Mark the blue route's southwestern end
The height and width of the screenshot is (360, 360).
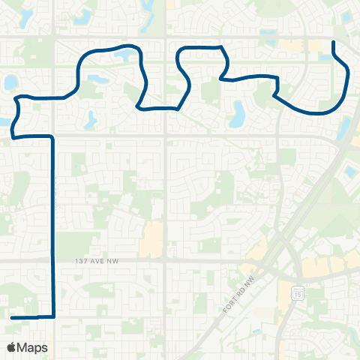13,318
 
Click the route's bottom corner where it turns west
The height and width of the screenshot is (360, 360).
53,317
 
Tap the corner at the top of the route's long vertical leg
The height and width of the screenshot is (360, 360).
52,137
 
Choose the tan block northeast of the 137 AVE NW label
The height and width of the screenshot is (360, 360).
154,238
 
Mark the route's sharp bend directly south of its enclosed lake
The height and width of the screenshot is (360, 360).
137,107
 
